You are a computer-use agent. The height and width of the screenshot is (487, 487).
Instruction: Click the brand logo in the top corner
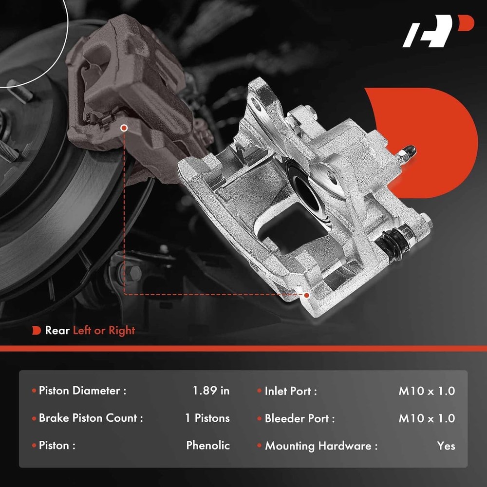[438, 31]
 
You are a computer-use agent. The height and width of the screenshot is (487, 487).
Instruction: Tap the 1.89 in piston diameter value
[211, 391]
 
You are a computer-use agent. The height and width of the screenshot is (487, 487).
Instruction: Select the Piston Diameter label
[83, 391]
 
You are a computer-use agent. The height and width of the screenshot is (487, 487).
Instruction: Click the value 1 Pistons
[207, 418]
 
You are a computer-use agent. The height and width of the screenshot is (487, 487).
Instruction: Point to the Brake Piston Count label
[91, 418]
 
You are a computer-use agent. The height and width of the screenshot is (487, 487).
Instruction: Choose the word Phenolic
[208, 446]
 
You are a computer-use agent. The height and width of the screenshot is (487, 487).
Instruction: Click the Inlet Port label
[291, 391]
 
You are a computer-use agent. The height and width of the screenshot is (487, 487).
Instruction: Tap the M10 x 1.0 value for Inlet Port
[427, 391]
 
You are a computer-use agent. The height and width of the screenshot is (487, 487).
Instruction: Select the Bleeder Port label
[300, 418]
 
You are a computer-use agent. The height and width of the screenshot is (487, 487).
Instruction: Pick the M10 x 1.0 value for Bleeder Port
[427, 418]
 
